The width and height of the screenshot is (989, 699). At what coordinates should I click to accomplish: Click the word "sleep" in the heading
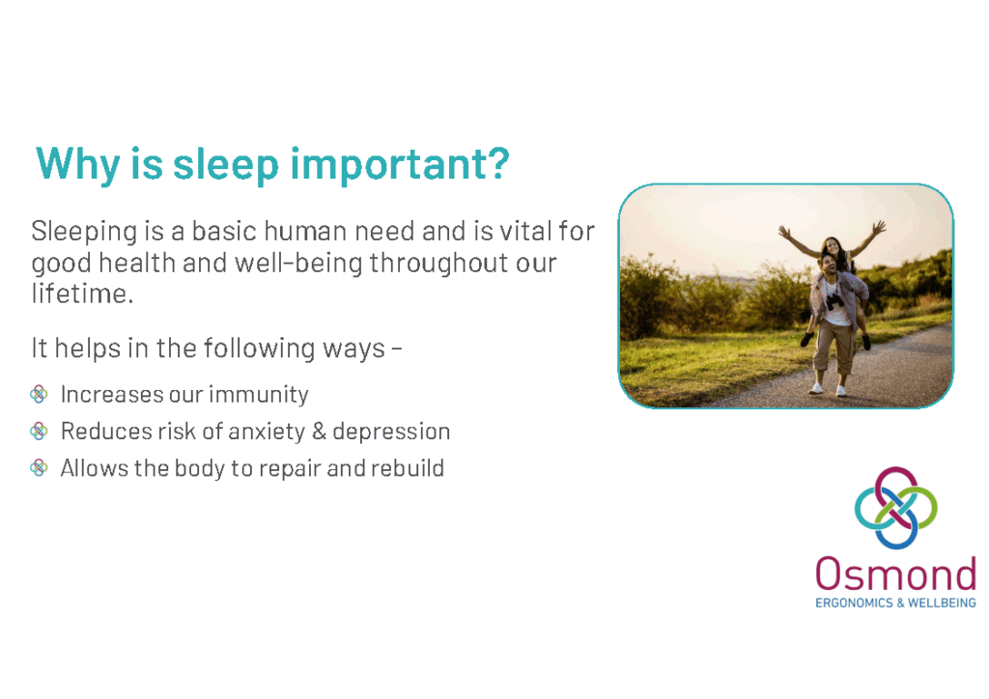(226, 164)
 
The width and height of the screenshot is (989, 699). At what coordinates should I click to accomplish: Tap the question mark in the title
(498, 162)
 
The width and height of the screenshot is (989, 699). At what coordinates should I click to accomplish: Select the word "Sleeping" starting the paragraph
(84, 233)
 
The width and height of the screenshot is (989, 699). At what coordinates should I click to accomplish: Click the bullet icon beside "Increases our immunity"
(39, 395)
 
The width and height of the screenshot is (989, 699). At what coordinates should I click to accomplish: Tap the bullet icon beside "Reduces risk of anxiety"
(39, 432)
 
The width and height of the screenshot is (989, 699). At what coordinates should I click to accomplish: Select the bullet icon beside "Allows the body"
(39, 467)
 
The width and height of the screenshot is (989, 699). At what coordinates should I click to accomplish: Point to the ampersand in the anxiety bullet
(319, 432)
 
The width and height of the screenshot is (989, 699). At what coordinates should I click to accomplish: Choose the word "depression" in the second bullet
(391, 432)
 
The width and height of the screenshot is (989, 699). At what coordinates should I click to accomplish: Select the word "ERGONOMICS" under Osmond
(854, 603)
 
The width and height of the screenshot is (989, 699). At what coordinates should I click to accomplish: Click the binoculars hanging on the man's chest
(835, 300)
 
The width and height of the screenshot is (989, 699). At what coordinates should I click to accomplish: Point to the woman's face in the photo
(832, 246)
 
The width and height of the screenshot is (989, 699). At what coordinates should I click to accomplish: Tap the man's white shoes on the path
(828, 389)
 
